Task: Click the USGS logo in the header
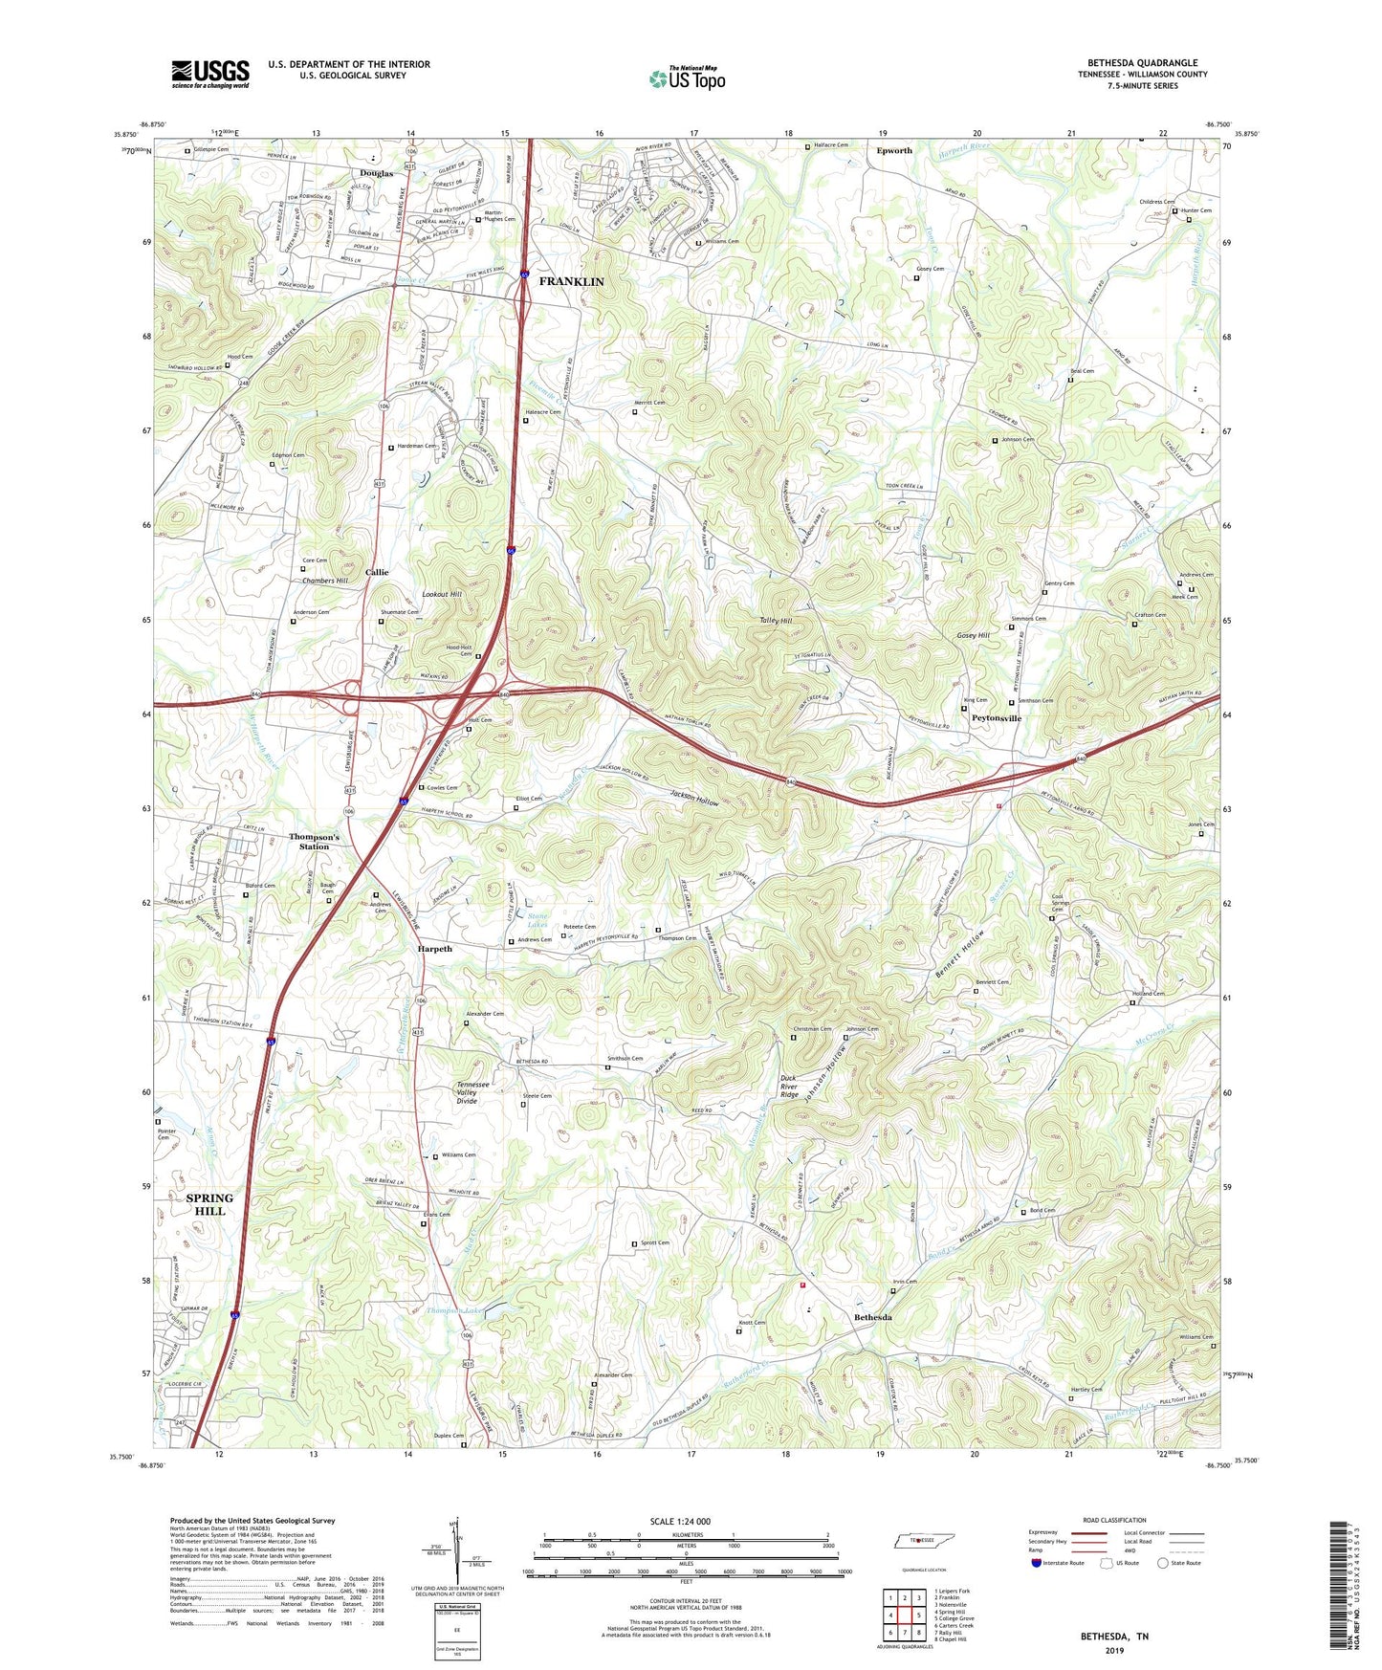coord(209,74)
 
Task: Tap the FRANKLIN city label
coord(571,281)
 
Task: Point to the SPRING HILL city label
coord(209,1204)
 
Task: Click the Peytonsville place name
coord(996,718)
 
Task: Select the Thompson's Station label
coord(314,842)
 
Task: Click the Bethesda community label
coord(872,1317)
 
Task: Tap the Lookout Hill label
coord(442,595)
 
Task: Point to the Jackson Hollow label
coord(694,796)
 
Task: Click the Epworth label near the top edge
coord(894,150)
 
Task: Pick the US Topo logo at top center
coord(687,78)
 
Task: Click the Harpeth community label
coord(434,949)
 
